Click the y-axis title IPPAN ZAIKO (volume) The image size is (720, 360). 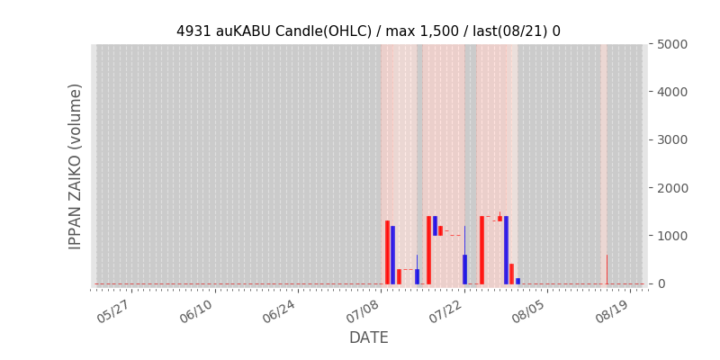75,166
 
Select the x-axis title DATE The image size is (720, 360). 369,337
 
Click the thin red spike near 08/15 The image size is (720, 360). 607,269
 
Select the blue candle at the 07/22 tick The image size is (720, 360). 464,268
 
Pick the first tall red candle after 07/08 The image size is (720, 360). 387,253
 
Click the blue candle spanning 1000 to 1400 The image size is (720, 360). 435,226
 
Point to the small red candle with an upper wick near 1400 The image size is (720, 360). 500,218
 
